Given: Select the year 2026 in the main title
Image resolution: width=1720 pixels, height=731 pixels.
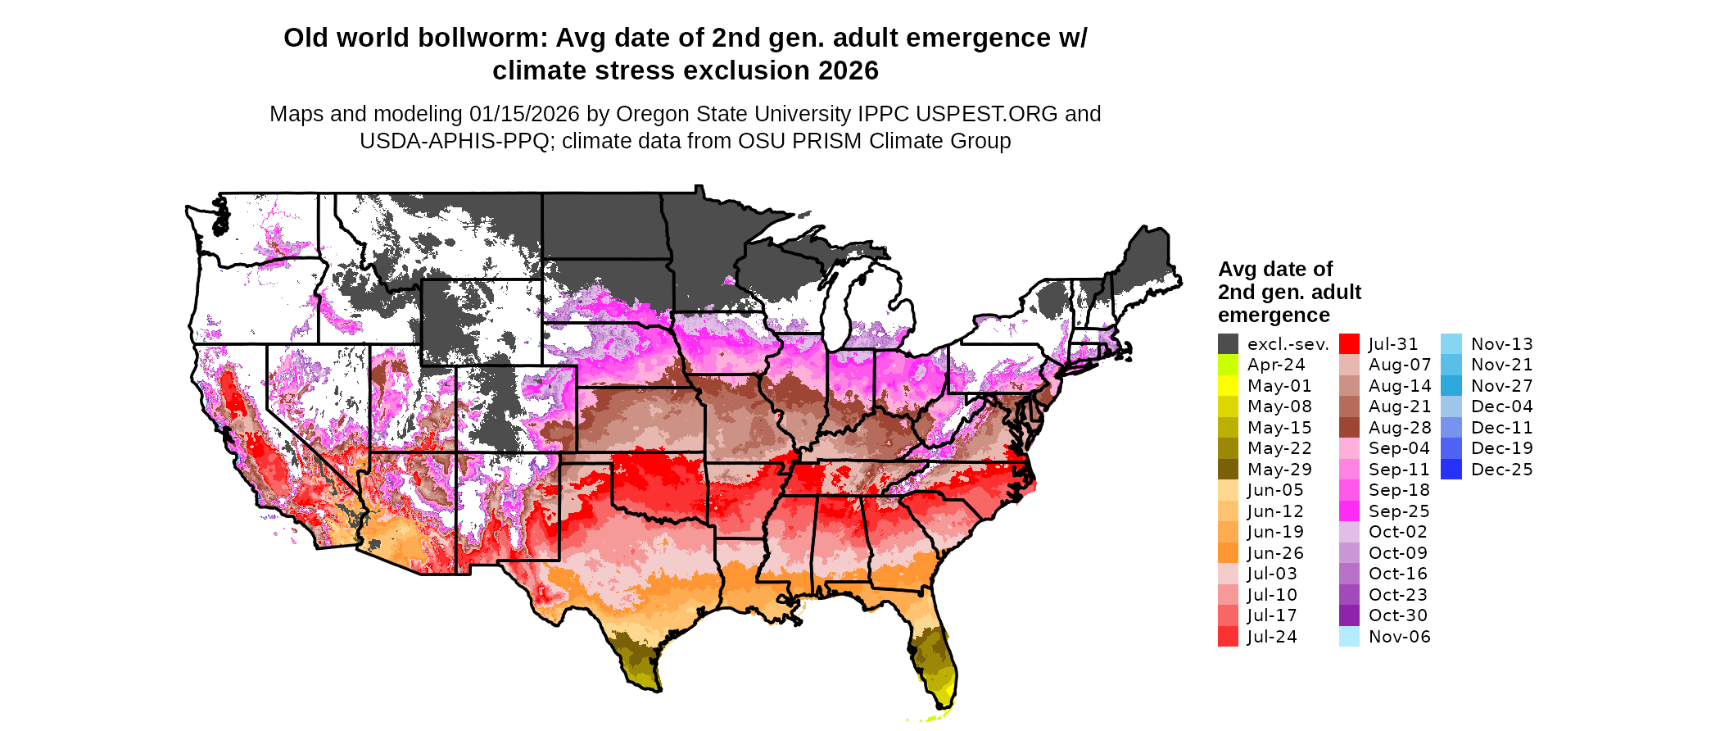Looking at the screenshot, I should tap(847, 71).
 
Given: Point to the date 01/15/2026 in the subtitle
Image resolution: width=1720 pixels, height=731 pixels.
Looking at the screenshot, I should tap(524, 114).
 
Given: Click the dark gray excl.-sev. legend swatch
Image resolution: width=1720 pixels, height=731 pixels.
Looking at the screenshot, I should tap(1228, 344).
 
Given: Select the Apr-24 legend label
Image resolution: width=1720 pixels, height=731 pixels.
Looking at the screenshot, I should tap(1276, 365).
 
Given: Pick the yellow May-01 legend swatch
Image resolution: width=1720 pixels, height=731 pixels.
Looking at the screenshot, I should tap(1228, 386).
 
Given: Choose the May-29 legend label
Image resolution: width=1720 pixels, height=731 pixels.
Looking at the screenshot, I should tap(1279, 470).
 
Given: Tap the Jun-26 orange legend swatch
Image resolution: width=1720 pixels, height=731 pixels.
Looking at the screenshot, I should tap(1228, 553).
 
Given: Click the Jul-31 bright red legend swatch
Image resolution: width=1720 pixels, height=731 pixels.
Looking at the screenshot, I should tap(1349, 344).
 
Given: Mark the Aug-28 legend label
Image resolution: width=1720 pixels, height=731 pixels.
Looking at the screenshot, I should tap(1400, 428).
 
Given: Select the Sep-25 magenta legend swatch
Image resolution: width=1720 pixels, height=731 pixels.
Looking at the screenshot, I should tap(1349, 511).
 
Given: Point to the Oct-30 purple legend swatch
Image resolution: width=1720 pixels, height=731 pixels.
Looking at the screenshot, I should tap(1349, 615).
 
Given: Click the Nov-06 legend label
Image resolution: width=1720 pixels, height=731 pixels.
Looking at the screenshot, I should tap(1400, 637).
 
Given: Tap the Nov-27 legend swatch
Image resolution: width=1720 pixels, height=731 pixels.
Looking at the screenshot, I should tap(1451, 386).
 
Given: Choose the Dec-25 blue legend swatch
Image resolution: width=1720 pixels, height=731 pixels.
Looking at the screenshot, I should tap(1451, 470).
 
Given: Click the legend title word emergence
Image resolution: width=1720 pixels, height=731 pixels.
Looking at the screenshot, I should tap(1274, 316).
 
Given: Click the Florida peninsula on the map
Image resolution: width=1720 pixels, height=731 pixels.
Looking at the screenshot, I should tap(934, 656).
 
